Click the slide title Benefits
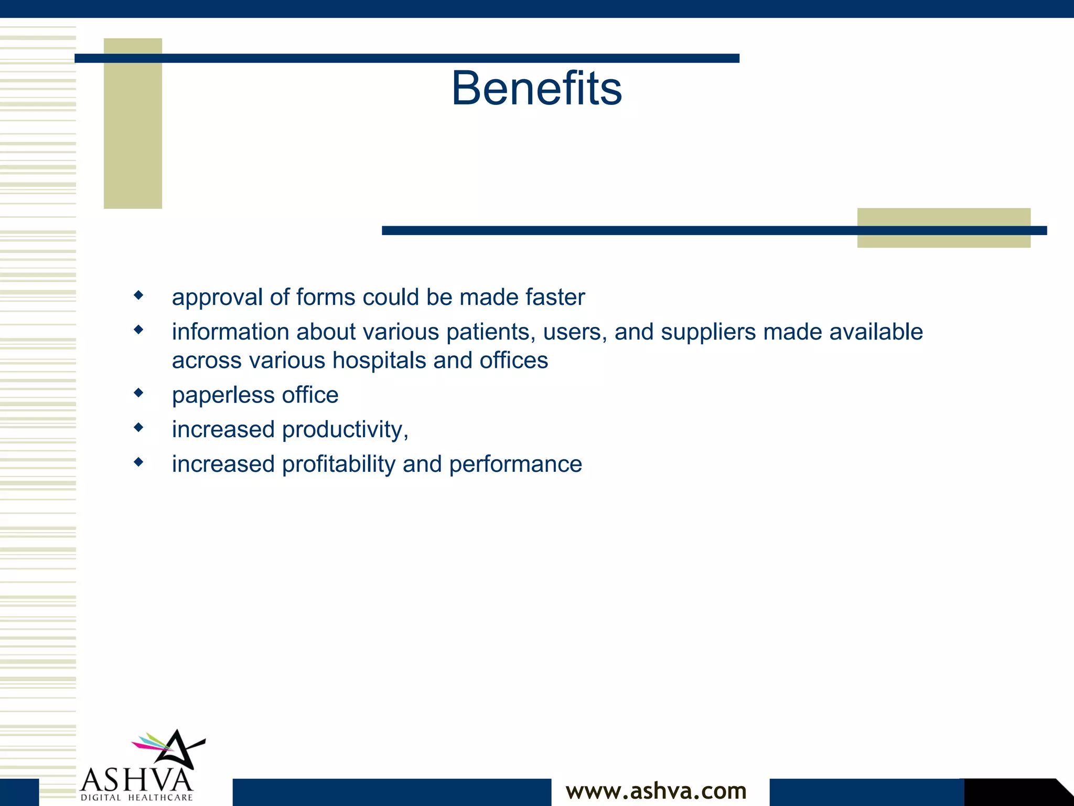pos(536,88)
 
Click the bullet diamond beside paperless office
pos(138,393)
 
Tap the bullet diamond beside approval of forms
pos(138,295)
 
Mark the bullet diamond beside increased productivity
pos(138,427)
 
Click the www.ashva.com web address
pos(656,791)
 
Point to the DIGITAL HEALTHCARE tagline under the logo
pos(137,798)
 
